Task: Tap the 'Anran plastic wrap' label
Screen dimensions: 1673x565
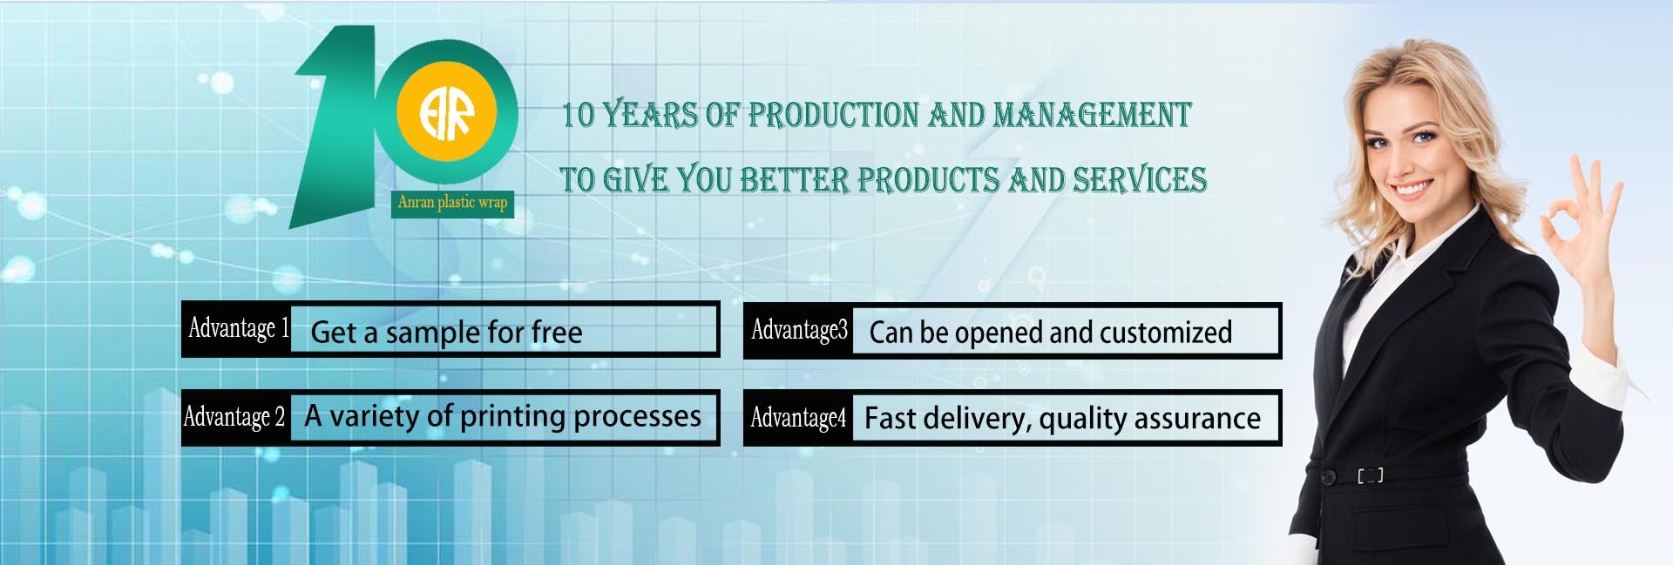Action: [452, 203]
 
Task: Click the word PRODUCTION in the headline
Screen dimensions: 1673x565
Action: [833, 114]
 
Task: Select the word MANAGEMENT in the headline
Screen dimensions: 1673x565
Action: [1092, 114]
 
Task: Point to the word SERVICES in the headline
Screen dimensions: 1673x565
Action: [1139, 179]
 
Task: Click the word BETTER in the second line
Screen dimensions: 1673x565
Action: [794, 179]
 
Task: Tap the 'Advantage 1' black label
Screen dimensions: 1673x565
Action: [236, 329]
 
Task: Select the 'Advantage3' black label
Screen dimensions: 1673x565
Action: [798, 330]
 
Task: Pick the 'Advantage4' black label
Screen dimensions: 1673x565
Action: [798, 418]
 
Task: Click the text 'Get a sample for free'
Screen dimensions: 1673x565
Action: [446, 332]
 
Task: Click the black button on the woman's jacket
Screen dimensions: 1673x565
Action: [1328, 477]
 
